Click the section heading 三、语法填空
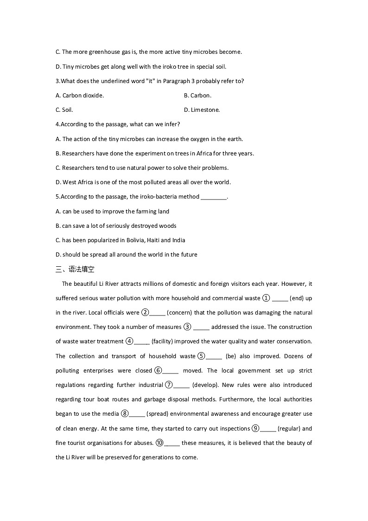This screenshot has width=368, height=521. tap(75, 269)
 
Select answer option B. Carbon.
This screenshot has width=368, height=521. tap(197, 96)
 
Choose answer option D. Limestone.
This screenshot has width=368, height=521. tap(202, 110)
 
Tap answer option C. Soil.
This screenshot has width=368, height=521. tap(64, 110)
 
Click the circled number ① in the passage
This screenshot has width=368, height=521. tap(266, 298)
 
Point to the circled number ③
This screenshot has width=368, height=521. tap(187, 327)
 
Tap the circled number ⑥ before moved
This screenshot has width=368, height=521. tap(158, 371)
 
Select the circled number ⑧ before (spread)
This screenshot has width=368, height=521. tap(124, 414)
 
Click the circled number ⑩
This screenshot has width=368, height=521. tap(159, 443)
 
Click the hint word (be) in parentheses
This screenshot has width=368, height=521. tap(230, 356)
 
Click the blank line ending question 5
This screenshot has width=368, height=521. tap(214, 197)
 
